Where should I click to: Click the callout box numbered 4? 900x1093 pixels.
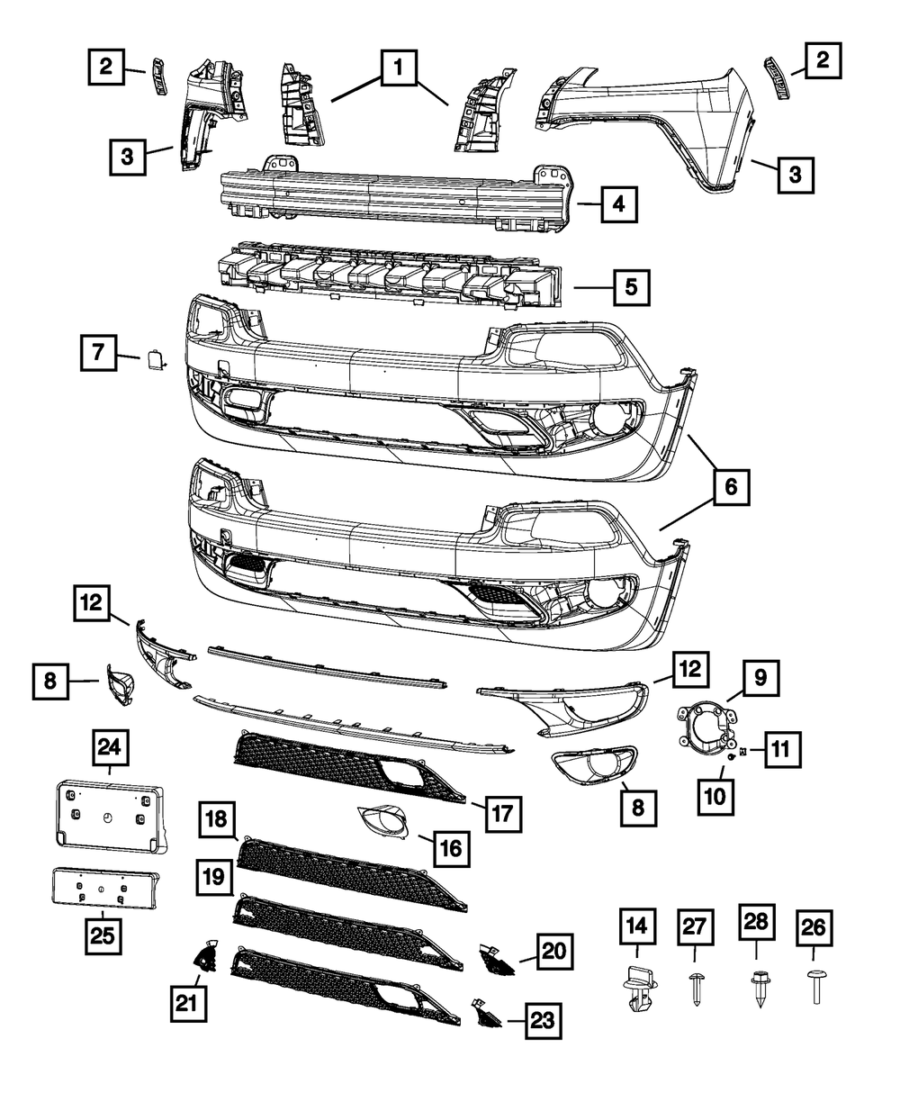616,204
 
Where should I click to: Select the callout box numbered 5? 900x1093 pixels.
629,289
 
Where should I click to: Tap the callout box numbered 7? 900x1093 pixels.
96,354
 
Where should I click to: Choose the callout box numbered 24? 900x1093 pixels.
112,747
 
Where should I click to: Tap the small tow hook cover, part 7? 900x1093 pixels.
153,360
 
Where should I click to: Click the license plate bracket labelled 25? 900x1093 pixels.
103,887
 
